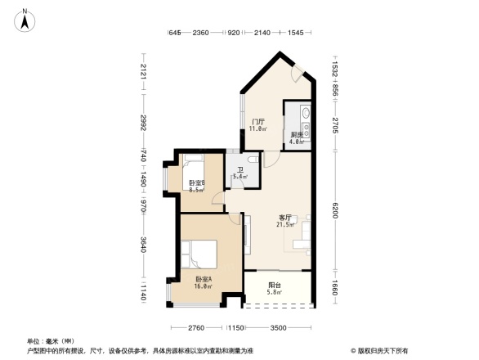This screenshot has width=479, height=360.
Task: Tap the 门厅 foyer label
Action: coord(257,121)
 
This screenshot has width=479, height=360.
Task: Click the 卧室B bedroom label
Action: coord(196,183)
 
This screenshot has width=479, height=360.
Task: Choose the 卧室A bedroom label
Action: coord(204,279)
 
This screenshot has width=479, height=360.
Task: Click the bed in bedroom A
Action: coord(198,254)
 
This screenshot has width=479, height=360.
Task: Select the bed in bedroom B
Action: coord(194,163)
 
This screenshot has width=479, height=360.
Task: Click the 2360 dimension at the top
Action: coord(201,33)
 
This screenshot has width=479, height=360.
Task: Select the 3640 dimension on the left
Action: coord(143,243)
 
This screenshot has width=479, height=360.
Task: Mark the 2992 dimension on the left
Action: coord(143,123)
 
